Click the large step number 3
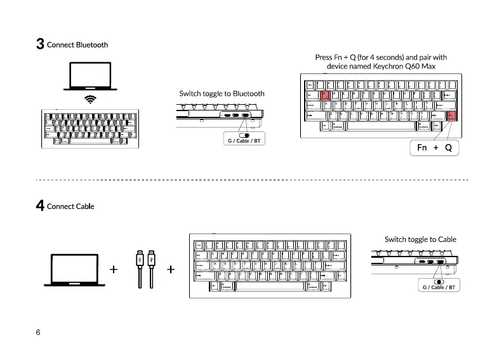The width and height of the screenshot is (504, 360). point(40,44)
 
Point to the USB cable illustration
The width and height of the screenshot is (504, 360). point(145,270)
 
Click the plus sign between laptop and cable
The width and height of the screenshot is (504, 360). point(114,269)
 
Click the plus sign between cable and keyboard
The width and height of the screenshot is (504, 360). point(171,269)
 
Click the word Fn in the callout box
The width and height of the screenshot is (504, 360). point(422,148)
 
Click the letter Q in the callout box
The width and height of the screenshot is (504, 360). point(448,148)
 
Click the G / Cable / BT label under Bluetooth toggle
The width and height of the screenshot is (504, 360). point(244,141)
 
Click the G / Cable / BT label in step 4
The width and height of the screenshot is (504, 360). point(439,287)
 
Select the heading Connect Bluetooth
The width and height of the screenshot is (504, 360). point(77,45)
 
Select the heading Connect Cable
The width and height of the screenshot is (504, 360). point(70,206)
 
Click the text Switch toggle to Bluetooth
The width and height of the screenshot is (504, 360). point(222,94)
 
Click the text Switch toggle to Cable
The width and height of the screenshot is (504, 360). point(420,239)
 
